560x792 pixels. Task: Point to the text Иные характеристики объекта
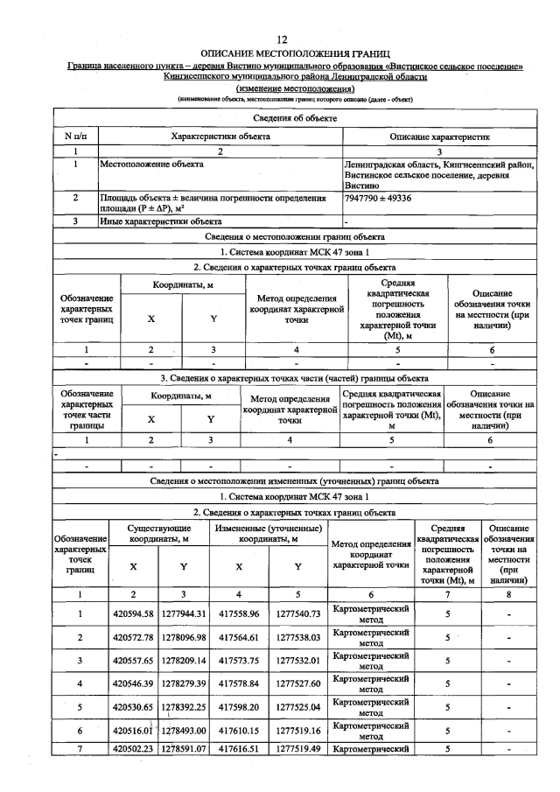(x=160, y=221)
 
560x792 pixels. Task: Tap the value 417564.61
(x=239, y=637)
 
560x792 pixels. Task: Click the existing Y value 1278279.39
(x=183, y=683)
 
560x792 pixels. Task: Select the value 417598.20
(x=239, y=705)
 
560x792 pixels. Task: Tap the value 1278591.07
(x=183, y=749)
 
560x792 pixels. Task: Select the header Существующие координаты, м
(x=158, y=535)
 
